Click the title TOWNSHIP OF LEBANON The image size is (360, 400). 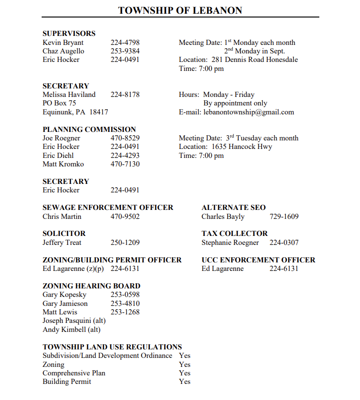[x=180, y=10]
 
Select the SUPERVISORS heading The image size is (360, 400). [x=69, y=34]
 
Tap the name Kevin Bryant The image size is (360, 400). [x=63, y=43]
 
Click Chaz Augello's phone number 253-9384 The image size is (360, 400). [x=125, y=51]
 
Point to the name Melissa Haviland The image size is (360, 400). [x=69, y=95]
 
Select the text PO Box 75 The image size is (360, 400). [x=59, y=103]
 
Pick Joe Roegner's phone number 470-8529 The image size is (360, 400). [x=125, y=138]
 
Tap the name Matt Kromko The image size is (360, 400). [x=63, y=164]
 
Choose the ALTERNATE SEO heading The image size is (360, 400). [x=234, y=208]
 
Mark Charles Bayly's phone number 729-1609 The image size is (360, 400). [x=284, y=217]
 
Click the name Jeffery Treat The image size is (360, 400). [x=62, y=243]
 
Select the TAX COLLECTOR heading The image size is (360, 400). [x=235, y=234]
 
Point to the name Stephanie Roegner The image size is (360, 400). [x=230, y=243]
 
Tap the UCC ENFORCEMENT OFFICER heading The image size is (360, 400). [x=258, y=260]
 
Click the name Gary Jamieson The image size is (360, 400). [x=65, y=304]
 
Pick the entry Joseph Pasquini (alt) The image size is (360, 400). [x=74, y=321]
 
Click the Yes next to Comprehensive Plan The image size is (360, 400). [x=184, y=373]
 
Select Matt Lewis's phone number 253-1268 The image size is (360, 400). [x=125, y=312]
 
